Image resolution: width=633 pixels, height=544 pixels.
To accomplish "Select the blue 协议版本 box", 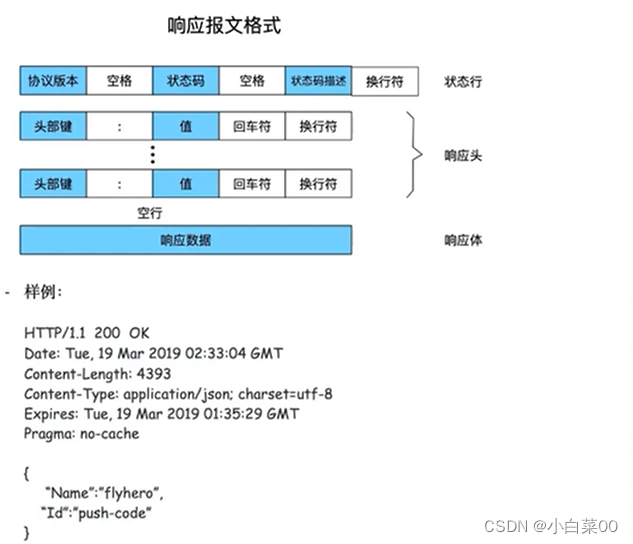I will coord(53,81).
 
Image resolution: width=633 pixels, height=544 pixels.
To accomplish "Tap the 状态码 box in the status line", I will coord(185,81).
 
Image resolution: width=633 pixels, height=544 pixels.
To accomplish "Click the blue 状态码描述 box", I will coord(318,81).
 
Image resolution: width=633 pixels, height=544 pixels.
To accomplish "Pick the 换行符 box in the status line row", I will coord(385,81).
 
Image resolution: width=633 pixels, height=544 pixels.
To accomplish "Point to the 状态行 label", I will coord(463,81).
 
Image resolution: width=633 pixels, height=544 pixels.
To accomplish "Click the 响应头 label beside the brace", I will coord(463,156).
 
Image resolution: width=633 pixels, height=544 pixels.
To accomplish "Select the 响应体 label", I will coord(463,240).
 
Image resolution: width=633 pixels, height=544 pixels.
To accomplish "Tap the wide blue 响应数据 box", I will coord(186,240).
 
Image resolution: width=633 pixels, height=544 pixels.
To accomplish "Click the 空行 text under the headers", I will coord(150,212).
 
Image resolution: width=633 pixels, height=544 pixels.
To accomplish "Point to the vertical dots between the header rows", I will coord(152,155).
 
